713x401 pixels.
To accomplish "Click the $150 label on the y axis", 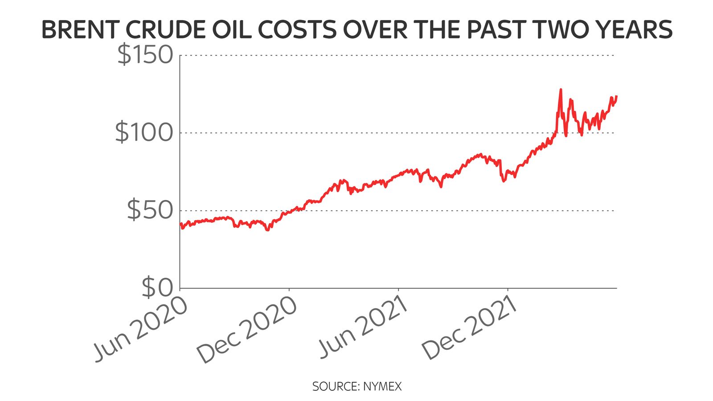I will (x=145, y=55).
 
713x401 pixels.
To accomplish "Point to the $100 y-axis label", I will (x=144, y=132).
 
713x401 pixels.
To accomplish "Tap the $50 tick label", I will (x=150, y=210).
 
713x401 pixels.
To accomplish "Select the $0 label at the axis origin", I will (x=157, y=288).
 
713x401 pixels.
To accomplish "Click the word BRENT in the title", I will (x=80, y=30).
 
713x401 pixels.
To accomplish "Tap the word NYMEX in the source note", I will (x=382, y=386).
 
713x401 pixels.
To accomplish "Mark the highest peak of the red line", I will (x=561, y=90).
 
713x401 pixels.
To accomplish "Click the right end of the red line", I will (x=616, y=96).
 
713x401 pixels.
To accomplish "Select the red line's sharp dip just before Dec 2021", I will (x=504, y=181).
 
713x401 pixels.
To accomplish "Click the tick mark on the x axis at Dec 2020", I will (x=289, y=290).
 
